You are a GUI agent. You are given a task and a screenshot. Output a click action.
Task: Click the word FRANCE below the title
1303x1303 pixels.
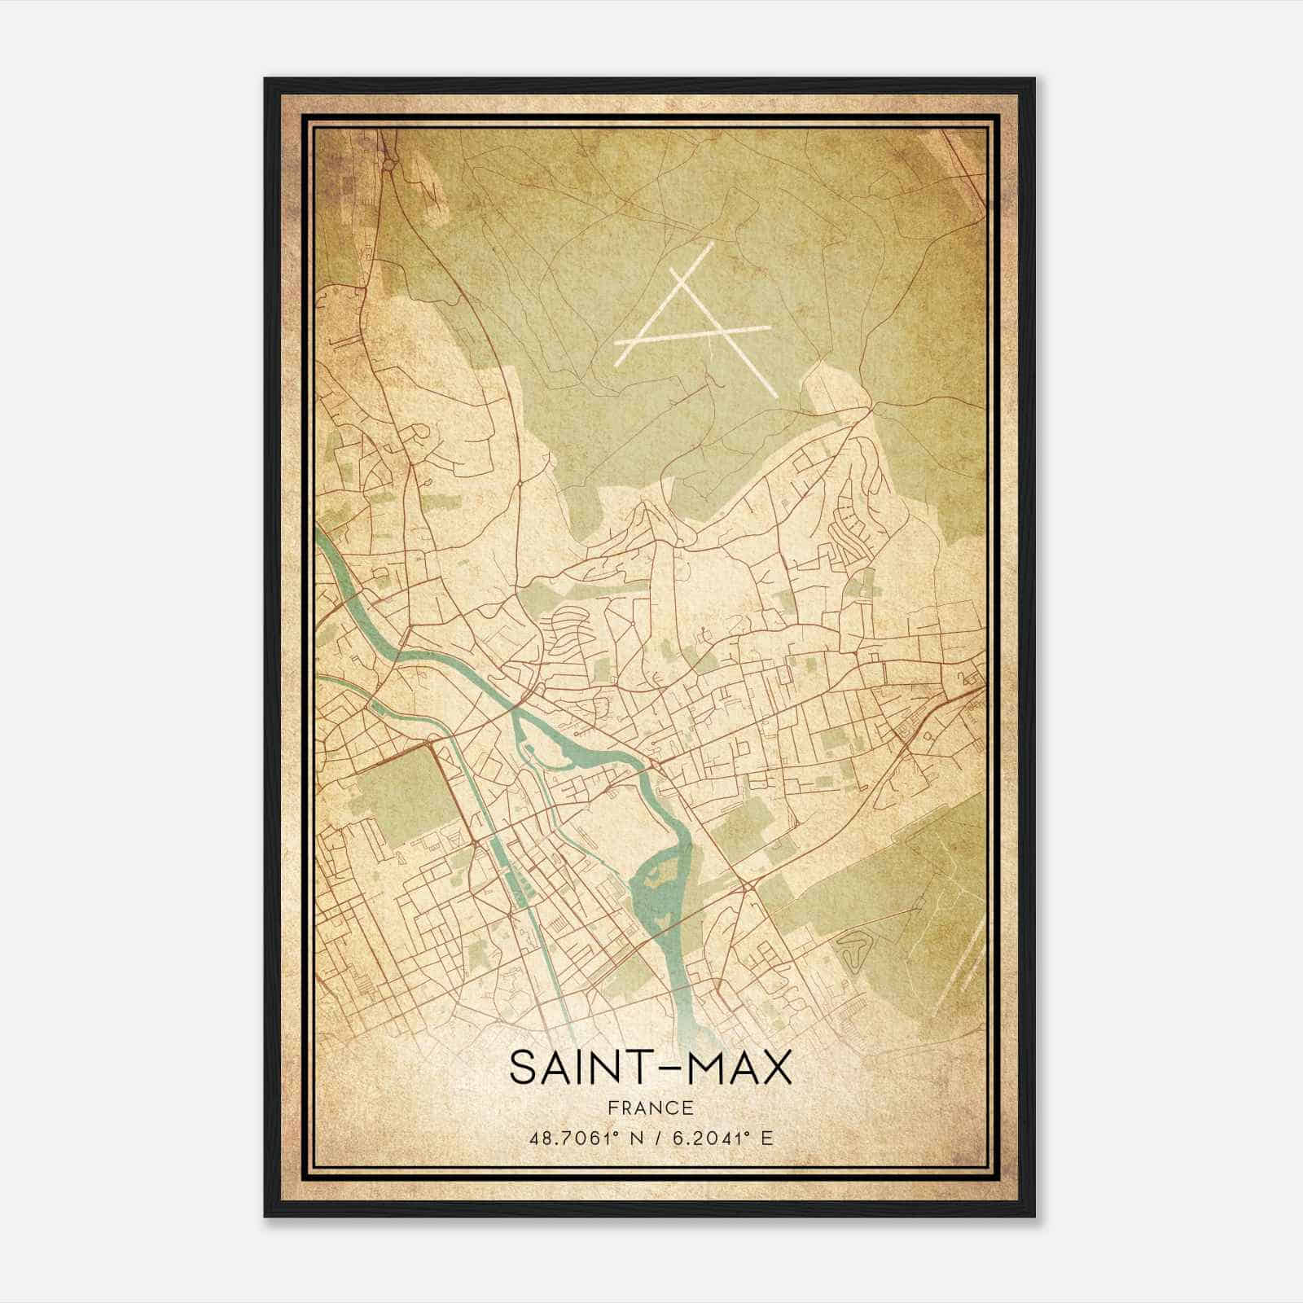pyautogui.click(x=651, y=1108)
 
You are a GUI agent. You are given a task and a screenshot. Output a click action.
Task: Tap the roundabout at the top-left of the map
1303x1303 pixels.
pyautogui.click(x=389, y=165)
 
